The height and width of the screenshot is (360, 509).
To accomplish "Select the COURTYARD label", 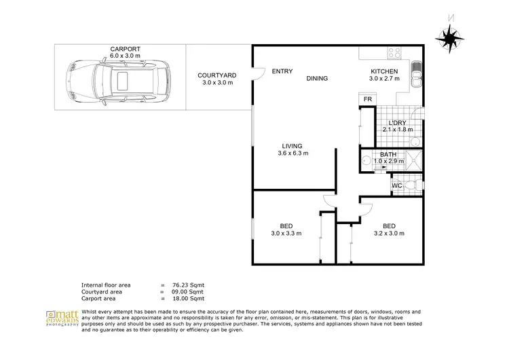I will pyautogui.click(x=216, y=75).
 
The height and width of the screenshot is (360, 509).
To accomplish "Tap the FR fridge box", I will pyautogui.click(x=367, y=99).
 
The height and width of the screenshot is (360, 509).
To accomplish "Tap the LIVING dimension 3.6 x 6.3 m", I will pyautogui.click(x=293, y=154).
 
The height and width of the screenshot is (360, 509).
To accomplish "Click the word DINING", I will pyautogui.click(x=317, y=79).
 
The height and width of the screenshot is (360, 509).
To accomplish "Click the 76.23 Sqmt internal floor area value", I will pyautogui.click(x=187, y=285).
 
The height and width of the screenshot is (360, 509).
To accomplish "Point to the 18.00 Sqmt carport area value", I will pyautogui.click(x=187, y=298).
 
